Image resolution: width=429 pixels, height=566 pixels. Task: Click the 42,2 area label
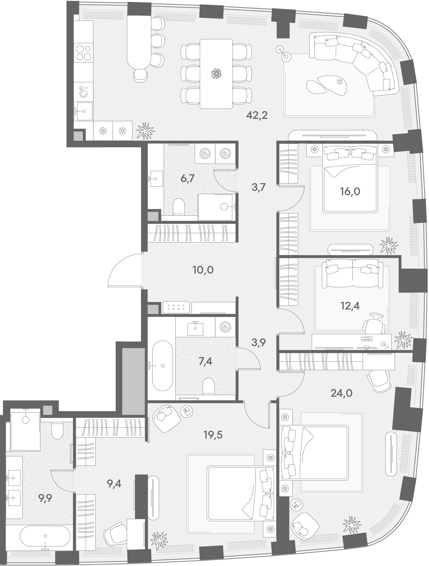[257, 116]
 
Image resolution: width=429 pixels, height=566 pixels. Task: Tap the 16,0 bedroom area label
[350, 191]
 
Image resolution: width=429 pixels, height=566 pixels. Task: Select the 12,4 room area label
[350, 305]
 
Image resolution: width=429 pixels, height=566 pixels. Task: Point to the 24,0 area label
[341, 393]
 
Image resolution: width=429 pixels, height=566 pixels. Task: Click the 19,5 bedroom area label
[213, 435]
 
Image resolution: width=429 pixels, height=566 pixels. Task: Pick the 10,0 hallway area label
[203, 270]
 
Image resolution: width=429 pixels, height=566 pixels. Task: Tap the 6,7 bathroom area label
[187, 178]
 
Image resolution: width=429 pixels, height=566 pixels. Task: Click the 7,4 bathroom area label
[205, 362]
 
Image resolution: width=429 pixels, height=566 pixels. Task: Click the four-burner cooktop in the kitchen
[84, 53]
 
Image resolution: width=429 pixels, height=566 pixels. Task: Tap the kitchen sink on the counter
[84, 111]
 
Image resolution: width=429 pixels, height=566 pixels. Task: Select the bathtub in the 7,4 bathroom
[162, 366]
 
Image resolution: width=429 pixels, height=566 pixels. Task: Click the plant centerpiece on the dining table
[216, 74]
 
